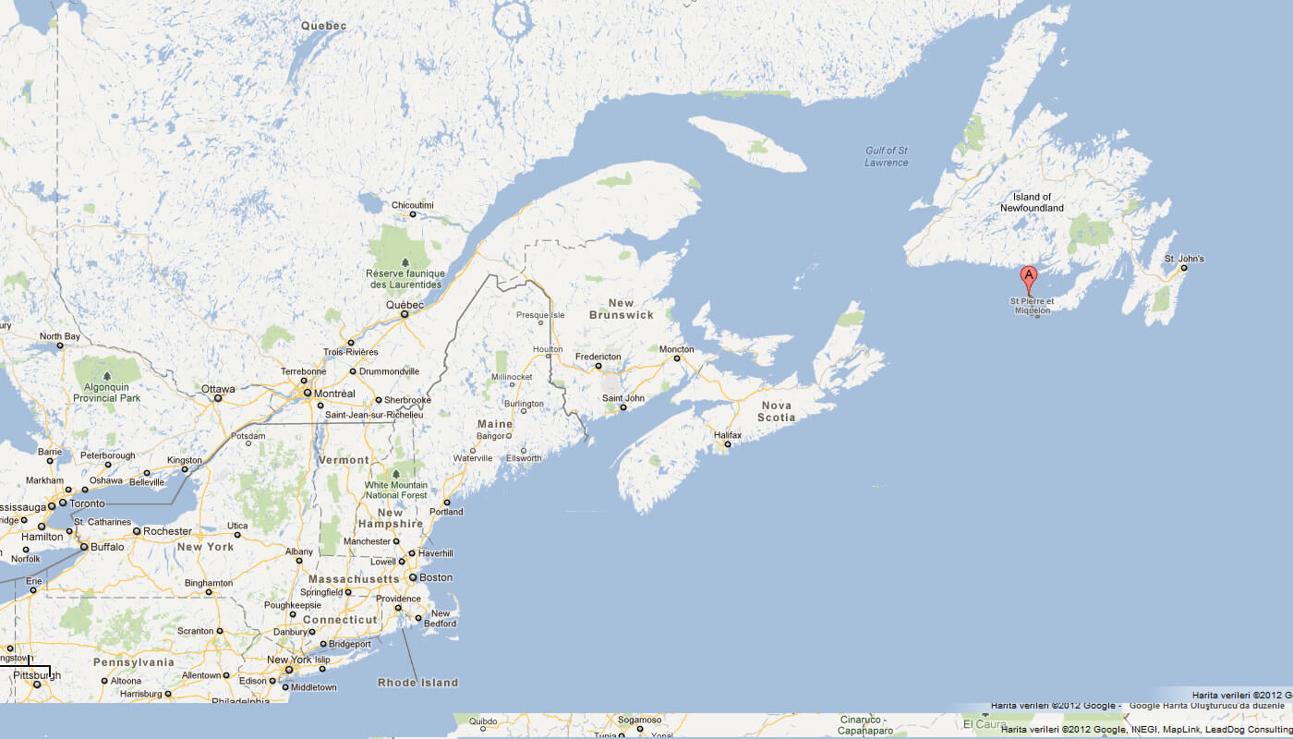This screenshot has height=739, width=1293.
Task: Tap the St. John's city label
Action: (1183, 259)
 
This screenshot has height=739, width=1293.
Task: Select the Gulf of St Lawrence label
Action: (887, 156)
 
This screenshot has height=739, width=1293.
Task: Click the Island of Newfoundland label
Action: (1032, 202)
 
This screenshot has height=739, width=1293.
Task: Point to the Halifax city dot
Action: (728, 444)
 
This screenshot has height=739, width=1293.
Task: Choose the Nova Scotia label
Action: (777, 411)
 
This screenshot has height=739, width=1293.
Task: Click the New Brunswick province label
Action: (621, 309)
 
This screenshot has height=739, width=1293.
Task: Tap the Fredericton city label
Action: (598, 356)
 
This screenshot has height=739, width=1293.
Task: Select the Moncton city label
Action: (676, 349)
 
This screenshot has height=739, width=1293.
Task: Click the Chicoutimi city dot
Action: (413, 214)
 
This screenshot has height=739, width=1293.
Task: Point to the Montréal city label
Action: (334, 394)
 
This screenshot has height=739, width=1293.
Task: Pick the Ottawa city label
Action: (219, 389)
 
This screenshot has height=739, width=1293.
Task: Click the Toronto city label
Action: (88, 503)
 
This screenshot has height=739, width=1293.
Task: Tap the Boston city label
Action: (436, 577)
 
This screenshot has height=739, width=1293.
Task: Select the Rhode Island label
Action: (417, 683)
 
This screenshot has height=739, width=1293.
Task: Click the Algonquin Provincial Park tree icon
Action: (106, 376)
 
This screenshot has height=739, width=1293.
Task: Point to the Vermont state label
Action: (343, 460)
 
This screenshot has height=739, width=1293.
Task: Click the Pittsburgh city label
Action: (37, 675)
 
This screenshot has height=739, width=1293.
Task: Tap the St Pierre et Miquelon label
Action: (1030, 306)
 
